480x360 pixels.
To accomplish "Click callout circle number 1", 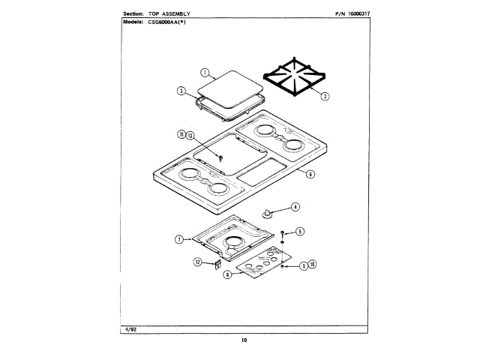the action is coord(204,73).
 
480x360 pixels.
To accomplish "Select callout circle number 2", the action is coord(324,97).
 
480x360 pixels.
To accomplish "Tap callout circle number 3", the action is coord(181,91).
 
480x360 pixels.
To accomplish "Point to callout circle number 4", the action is coord(295,206).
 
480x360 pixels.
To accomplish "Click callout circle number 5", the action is coord(299,231).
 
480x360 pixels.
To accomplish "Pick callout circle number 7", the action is coord(179,239).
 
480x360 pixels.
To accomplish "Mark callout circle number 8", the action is coord(226,274).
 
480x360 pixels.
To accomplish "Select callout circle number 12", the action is coord(198,262).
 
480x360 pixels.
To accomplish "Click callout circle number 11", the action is coord(181,134).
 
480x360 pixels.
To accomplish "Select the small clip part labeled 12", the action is coord(216,263).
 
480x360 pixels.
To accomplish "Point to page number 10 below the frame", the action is coord(244,340).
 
